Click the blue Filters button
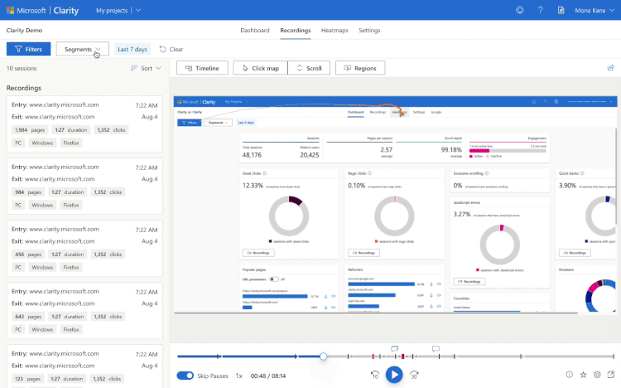click(28, 49)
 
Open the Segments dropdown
click(82, 49)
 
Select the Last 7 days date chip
click(132, 49)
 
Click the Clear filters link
click(171, 49)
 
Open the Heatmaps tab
click(335, 30)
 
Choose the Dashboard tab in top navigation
click(255, 30)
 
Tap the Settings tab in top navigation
click(369, 30)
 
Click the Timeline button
click(202, 68)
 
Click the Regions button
click(359, 68)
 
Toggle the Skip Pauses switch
click(185, 376)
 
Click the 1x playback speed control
click(238, 376)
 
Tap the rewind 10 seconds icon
click(375, 376)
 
